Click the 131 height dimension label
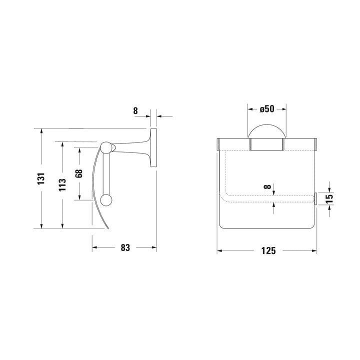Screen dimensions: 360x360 (x=41, y=178)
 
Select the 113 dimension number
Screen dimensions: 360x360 (x=62, y=184)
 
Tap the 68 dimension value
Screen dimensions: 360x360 (x=79, y=173)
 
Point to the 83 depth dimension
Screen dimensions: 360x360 (x=125, y=247)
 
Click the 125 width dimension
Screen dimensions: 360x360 (x=268, y=251)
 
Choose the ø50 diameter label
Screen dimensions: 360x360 (x=267, y=109)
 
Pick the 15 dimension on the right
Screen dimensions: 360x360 (x=329, y=199)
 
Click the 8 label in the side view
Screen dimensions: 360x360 (x=135, y=110)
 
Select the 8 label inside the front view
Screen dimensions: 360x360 (x=267, y=187)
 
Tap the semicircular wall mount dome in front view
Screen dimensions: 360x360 (x=267, y=125)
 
